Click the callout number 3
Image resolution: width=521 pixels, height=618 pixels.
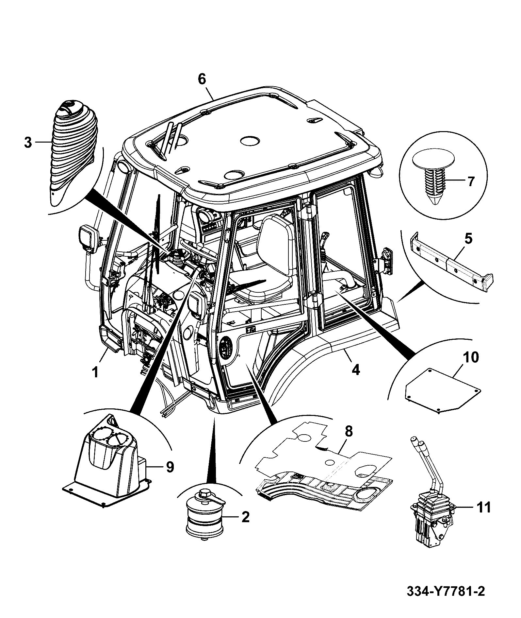point(28,143)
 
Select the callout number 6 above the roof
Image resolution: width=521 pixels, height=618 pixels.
point(202,79)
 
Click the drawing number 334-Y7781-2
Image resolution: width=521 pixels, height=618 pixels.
point(446,592)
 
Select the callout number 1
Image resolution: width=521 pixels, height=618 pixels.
point(95,372)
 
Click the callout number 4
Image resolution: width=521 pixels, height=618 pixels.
point(355,370)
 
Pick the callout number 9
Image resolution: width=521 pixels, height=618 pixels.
point(170,467)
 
